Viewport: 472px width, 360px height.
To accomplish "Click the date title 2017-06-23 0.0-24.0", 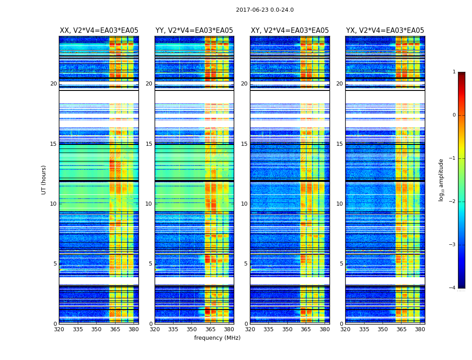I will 265,10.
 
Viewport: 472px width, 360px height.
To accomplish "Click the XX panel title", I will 99,31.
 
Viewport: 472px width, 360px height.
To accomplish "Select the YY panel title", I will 194,31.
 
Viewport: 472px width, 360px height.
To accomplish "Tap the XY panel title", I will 289,31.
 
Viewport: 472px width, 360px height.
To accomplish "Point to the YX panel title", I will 385,31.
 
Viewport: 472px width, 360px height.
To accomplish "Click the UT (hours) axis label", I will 44,180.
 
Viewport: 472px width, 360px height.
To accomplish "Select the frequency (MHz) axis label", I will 217,338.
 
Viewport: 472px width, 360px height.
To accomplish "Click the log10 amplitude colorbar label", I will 441,180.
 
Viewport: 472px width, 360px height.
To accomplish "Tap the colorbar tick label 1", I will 454,72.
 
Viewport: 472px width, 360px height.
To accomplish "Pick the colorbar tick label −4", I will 453,288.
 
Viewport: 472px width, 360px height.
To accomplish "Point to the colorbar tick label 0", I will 454,115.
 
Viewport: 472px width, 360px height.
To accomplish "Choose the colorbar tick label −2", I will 453,202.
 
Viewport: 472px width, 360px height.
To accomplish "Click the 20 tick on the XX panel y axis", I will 53,84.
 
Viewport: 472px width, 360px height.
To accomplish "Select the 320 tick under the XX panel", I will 59,329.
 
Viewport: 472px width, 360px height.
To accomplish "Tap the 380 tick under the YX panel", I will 420,329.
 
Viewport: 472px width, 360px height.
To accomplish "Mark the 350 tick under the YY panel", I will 192,329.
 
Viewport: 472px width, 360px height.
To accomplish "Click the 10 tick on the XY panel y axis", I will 244,204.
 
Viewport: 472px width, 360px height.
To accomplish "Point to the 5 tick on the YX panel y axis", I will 341,264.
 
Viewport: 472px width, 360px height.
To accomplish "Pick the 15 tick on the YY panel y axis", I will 149,144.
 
